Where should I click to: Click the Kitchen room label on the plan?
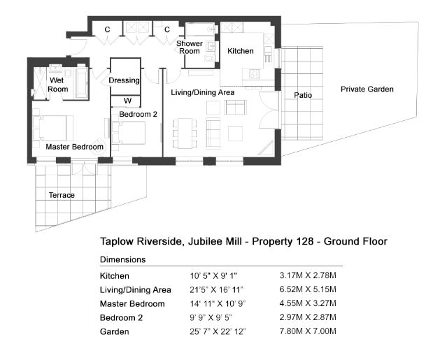241,51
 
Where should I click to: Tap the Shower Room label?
190,48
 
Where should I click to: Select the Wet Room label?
57,85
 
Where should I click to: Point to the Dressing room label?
124,80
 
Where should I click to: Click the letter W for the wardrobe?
127,101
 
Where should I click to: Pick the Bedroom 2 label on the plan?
138,114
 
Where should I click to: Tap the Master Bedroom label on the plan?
74,147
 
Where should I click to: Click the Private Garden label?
367,89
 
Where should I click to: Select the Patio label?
303,95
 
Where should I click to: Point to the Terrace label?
62,195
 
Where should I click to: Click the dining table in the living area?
185,134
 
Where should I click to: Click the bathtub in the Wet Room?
82,83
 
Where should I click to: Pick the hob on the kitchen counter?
255,74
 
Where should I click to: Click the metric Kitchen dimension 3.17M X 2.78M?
308,275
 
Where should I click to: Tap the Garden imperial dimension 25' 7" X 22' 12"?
218,331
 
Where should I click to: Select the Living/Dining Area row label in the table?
136,290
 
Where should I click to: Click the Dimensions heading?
122,259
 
